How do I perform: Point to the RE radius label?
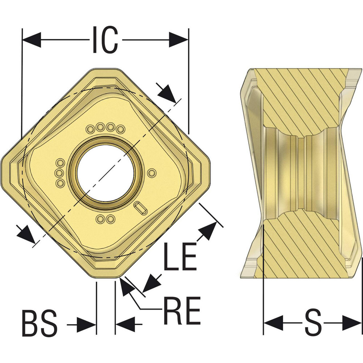click(182, 311)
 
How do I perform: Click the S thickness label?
click(313, 322)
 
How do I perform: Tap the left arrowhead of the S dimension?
click(272, 322)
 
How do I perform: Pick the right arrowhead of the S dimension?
click(352, 322)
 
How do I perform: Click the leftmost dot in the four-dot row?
click(90, 129)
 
